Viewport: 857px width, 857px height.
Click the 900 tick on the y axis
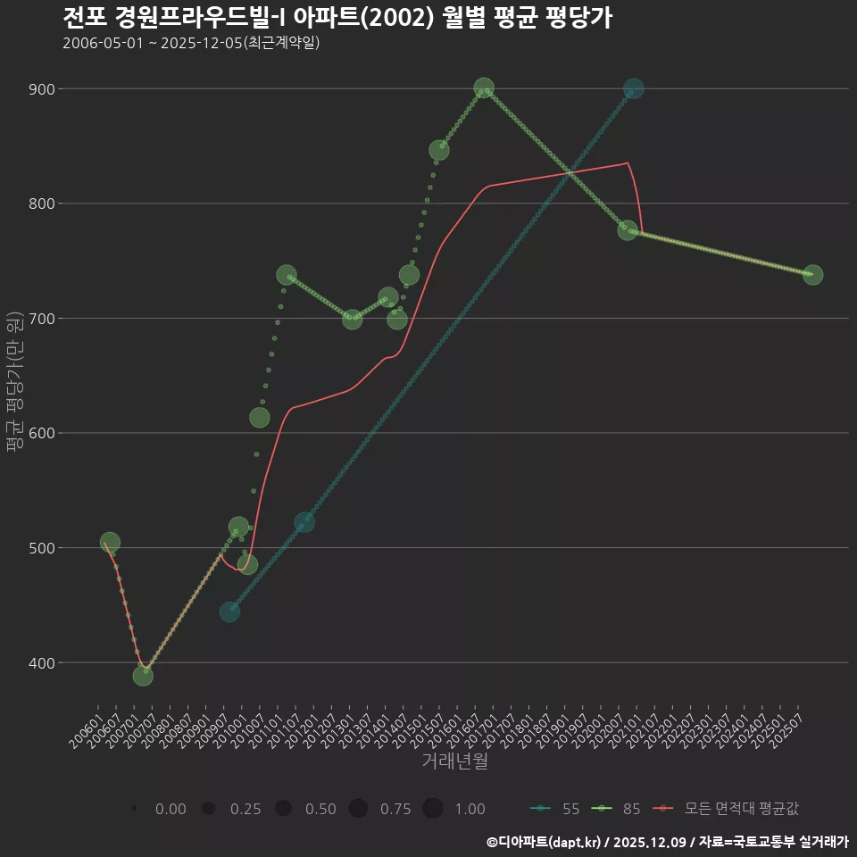[41, 89]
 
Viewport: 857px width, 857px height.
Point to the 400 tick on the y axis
[41, 662]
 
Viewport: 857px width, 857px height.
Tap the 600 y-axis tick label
[41, 433]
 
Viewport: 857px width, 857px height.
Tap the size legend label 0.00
[171, 809]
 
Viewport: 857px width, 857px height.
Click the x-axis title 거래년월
[454, 761]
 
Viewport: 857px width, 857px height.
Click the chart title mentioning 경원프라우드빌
[337, 18]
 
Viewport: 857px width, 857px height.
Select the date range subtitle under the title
[191, 43]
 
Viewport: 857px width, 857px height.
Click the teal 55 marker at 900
[633, 89]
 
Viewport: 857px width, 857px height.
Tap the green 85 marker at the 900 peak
[484, 89]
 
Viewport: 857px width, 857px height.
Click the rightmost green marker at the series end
[812, 275]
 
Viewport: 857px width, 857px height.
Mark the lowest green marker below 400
[143, 676]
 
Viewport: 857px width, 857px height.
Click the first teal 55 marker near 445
[229, 612]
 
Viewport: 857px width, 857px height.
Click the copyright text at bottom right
[667, 841]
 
